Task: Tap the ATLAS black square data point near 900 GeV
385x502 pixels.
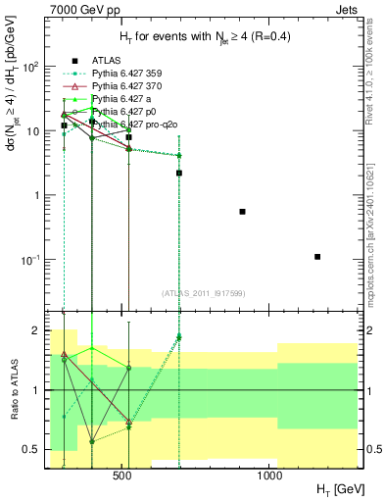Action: pos(242,212)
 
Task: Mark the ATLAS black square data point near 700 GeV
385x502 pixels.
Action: pos(179,173)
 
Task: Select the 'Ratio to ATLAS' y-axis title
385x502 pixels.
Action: pos(14,390)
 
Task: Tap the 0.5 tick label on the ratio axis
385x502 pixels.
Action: pos(35,449)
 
